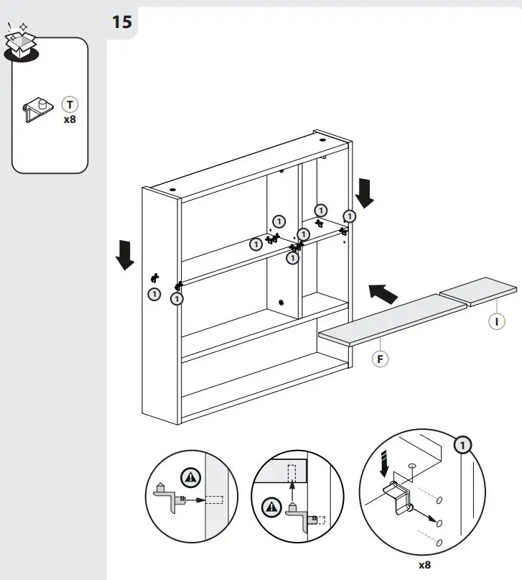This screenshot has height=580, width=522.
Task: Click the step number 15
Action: click(x=121, y=22)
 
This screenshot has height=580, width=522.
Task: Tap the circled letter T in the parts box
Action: click(x=70, y=104)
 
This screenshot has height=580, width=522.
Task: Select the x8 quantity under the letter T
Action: click(x=70, y=119)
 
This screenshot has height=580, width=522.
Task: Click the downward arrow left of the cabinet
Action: click(x=125, y=255)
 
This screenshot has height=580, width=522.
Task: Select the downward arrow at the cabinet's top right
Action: click(x=365, y=193)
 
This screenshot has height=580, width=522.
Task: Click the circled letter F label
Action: click(x=380, y=357)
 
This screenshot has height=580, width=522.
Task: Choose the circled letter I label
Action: click(x=496, y=321)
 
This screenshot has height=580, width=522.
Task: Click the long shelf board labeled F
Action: click(x=392, y=320)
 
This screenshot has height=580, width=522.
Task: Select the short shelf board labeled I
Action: click(x=478, y=290)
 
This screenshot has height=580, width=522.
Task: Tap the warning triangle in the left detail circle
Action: click(x=191, y=475)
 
